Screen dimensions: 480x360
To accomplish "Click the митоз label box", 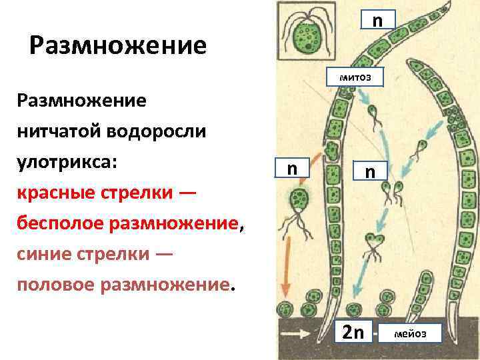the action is click(x=356, y=77).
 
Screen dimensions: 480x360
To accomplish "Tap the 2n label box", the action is click(x=353, y=331).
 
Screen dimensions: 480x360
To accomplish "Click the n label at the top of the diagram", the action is click(x=377, y=19).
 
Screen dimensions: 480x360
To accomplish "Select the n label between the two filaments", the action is click(x=370, y=172).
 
